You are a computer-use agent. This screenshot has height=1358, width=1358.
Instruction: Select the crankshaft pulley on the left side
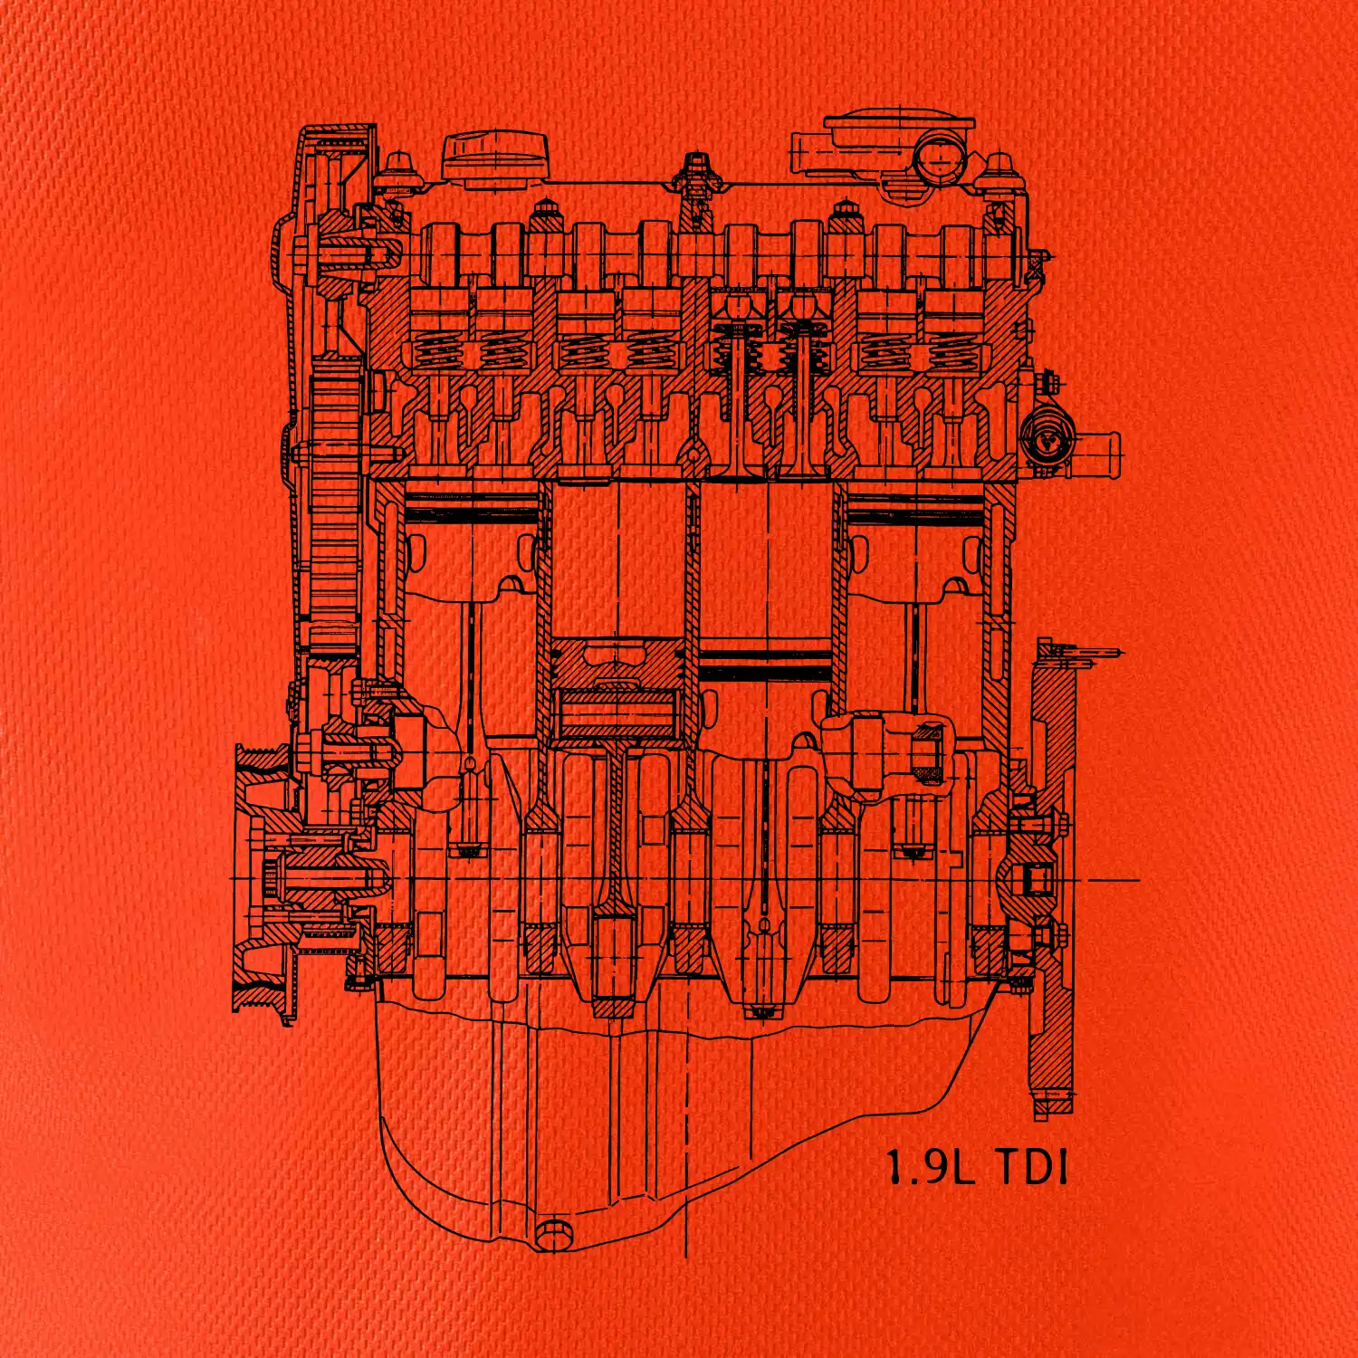coord(263,878)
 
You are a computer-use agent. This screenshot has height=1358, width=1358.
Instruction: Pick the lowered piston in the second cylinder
coord(617,688)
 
